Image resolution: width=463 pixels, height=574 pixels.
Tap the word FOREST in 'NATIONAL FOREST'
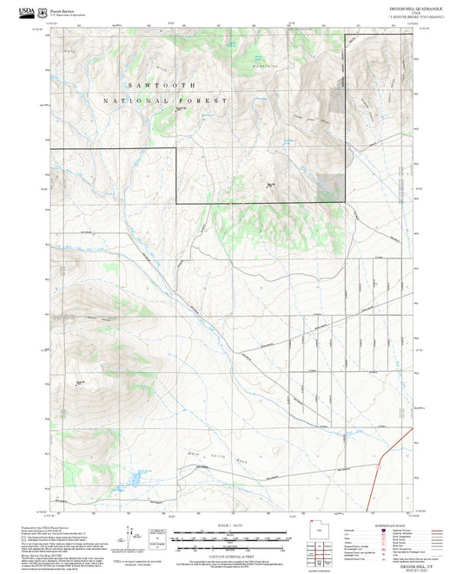203,101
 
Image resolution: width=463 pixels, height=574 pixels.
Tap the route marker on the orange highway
380,468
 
